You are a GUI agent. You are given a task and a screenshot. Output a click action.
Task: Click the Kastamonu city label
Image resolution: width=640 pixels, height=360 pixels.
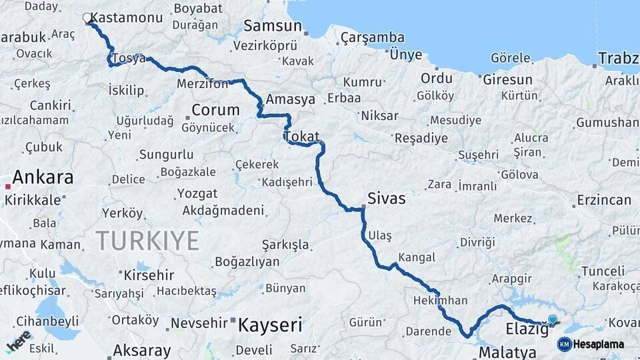pyautogui.click(x=126, y=17)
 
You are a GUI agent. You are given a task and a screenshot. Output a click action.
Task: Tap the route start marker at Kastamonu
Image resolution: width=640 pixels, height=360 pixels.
pyautogui.click(x=87, y=18)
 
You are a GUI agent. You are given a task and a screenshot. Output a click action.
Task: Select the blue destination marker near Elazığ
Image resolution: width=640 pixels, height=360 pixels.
pyautogui.click(x=552, y=320)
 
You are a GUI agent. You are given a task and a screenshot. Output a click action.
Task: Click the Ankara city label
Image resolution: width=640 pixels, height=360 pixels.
pyautogui.click(x=43, y=177)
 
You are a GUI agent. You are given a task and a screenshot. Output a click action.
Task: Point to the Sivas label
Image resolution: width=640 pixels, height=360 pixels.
pyautogui.click(x=387, y=199)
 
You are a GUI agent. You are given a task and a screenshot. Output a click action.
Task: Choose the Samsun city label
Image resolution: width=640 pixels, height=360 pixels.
pyautogui.click(x=272, y=26)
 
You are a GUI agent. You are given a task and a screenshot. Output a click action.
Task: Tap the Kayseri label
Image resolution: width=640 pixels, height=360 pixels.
pyautogui.click(x=270, y=325)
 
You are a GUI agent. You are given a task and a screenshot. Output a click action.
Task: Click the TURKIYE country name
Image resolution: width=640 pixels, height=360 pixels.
pyautogui.click(x=147, y=240)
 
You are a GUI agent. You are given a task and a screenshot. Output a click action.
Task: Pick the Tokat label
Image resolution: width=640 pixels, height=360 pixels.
pyautogui.click(x=301, y=136)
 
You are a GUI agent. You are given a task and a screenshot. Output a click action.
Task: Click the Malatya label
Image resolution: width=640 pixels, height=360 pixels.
pyautogui.click(x=507, y=352)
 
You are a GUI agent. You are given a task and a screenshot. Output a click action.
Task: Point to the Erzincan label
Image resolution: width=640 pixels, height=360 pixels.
pyautogui.click(x=604, y=200)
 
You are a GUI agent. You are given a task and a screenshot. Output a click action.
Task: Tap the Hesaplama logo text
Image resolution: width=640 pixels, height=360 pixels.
pyautogui.click(x=599, y=345)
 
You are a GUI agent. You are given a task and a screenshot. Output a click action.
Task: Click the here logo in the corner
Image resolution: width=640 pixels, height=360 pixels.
pyautogui.click(x=19, y=340)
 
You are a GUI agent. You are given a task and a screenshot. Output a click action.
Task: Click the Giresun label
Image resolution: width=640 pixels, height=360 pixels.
pyautogui.click(x=508, y=79)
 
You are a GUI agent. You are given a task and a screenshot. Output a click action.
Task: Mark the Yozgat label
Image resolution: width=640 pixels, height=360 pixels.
pyautogui.click(x=197, y=193)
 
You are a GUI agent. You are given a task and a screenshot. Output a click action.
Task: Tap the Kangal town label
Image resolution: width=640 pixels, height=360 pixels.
pyautogui.click(x=417, y=257)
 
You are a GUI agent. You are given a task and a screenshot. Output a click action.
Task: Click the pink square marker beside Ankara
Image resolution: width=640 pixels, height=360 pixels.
pyautogui.click(x=8, y=186)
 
